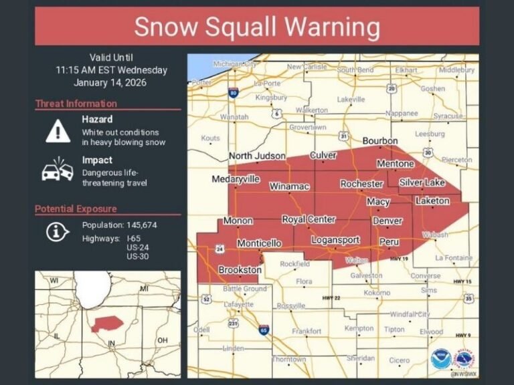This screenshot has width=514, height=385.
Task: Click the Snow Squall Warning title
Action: point(257,27)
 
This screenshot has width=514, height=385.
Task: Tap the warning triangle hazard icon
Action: point(58,131)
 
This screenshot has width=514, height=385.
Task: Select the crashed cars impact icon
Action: point(58,171)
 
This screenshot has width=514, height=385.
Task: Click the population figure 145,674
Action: point(141,225)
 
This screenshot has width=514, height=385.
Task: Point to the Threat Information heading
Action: point(76,104)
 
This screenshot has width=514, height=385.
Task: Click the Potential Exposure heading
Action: point(76,209)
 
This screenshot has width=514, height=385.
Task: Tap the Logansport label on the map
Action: point(335,240)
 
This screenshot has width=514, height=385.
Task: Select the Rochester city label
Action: point(361,184)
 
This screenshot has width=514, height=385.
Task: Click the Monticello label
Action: point(259,243)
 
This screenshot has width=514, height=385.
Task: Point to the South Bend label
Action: point(355,70)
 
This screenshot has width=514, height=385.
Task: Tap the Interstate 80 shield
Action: point(232,92)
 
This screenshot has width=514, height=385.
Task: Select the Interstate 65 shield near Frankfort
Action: point(264,330)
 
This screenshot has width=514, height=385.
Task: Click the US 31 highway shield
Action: point(343,136)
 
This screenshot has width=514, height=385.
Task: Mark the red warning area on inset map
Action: point(108,324)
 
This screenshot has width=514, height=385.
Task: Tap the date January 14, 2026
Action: point(111,82)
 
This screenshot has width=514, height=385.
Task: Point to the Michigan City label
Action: point(234,64)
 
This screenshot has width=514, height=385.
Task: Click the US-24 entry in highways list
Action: point(136,248)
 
